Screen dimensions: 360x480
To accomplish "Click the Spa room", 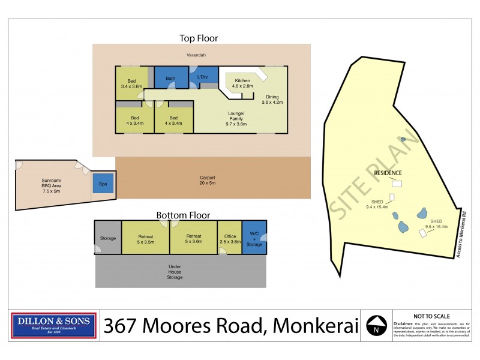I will [x=103, y=183].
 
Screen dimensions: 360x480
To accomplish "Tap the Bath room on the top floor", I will [x=170, y=79].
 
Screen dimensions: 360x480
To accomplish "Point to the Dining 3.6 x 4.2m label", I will [x=272, y=100].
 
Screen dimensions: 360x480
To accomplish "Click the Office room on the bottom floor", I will [x=229, y=238].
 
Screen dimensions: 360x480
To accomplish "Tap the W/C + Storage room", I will [x=254, y=238].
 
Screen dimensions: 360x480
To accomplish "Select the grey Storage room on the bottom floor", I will [x=108, y=238].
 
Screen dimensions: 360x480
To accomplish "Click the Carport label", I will [x=208, y=178].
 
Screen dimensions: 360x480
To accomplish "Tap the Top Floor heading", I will [x=199, y=38].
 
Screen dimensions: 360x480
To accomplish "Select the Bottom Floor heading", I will [x=183, y=215].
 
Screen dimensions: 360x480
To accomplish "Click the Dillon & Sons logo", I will [x=54, y=325].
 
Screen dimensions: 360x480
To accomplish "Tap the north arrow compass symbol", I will [x=376, y=325].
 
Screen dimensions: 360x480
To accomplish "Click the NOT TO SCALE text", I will [x=432, y=316].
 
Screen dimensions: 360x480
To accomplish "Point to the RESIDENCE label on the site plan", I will [x=388, y=173].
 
